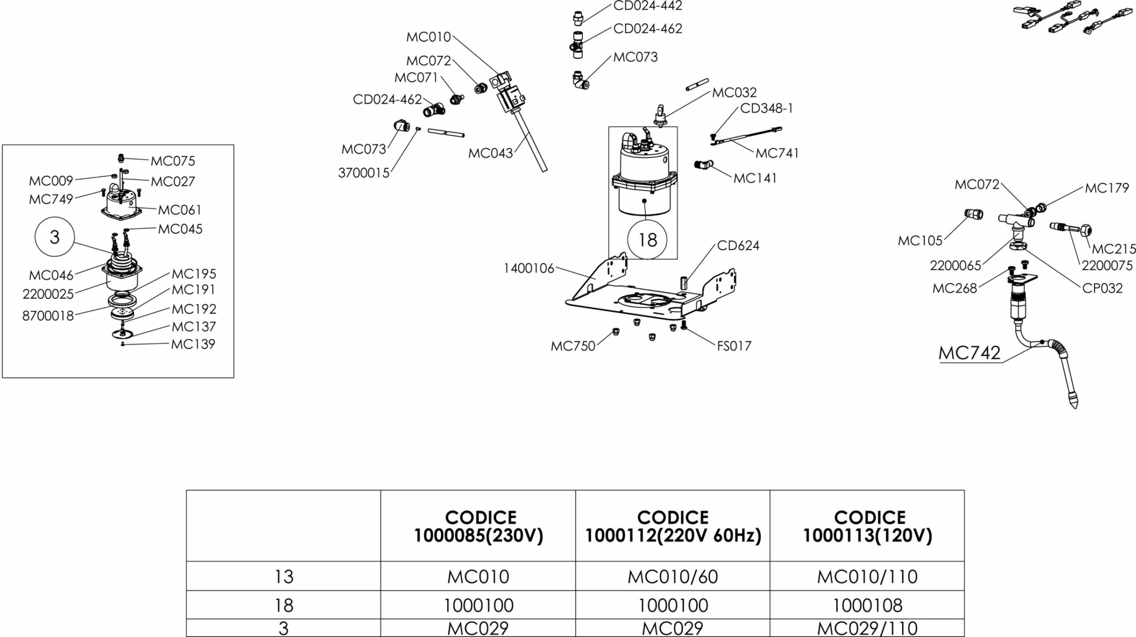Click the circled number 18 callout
pyautogui.click(x=648, y=239)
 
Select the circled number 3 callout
pyautogui.click(x=54, y=237)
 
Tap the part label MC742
pyautogui.click(x=969, y=353)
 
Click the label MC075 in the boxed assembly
pyautogui.click(x=173, y=161)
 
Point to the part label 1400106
pyautogui.click(x=528, y=268)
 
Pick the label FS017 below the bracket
pyautogui.click(x=734, y=346)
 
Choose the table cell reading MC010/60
pyautogui.click(x=673, y=576)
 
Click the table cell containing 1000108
pyautogui.click(x=867, y=605)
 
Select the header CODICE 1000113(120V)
pyautogui.click(x=867, y=526)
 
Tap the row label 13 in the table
pyautogui.click(x=284, y=576)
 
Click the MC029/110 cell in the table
pyautogui.click(x=867, y=628)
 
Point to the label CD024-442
pyautogui.click(x=648, y=6)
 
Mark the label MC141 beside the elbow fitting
pyautogui.click(x=755, y=178)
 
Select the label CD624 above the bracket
pyautogui.click(x=738, y=245)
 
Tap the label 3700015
pyautogui.click(x=364, y=173)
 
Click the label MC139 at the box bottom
pyautogui.click(x=193, y=344)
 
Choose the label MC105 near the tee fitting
pyautogui.click(x=920, y=240)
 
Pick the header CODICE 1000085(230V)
pyautogui.click(x=479, y=526)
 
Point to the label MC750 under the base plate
pyautogui.click(x=573, y=346)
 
